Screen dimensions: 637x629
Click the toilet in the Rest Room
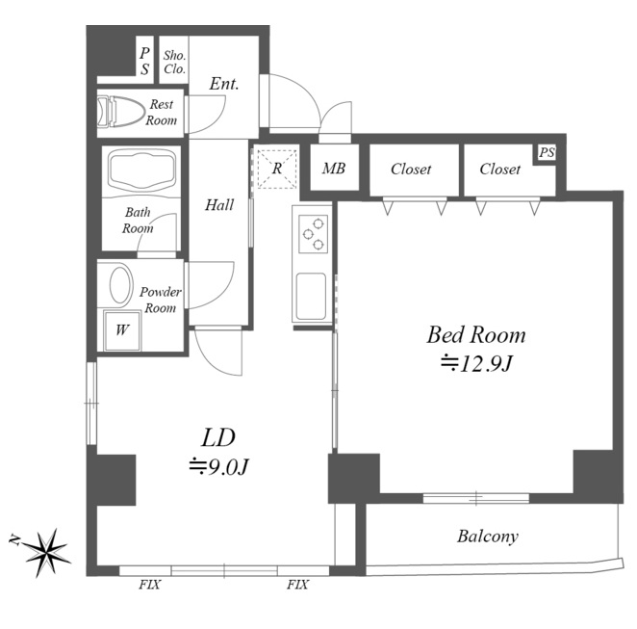pos(121,111)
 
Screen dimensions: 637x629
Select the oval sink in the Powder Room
pos(121,284)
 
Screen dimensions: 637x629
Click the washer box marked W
pos(122,330)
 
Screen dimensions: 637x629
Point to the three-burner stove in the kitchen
pos(313,233)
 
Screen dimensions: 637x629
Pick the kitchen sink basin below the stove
pos(311,297)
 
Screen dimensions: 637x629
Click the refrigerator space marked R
pos(277,169)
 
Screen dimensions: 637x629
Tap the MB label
pos(334,168)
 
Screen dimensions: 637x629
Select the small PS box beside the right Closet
pos(546,153)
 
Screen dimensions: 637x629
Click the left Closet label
pos(411,170)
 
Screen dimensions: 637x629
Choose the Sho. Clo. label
pos(175,63)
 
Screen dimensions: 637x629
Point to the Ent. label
pos(224,84)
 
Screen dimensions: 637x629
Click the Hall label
pos(219,205)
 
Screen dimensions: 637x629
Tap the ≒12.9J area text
pos(476,364)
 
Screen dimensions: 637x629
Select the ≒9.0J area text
pos(218,467)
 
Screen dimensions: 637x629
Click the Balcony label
pos(488,537)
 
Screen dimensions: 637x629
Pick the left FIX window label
pos(149,585)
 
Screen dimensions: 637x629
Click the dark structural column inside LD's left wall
pos(112,480)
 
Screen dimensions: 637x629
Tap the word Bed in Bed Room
pos(445,334)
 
